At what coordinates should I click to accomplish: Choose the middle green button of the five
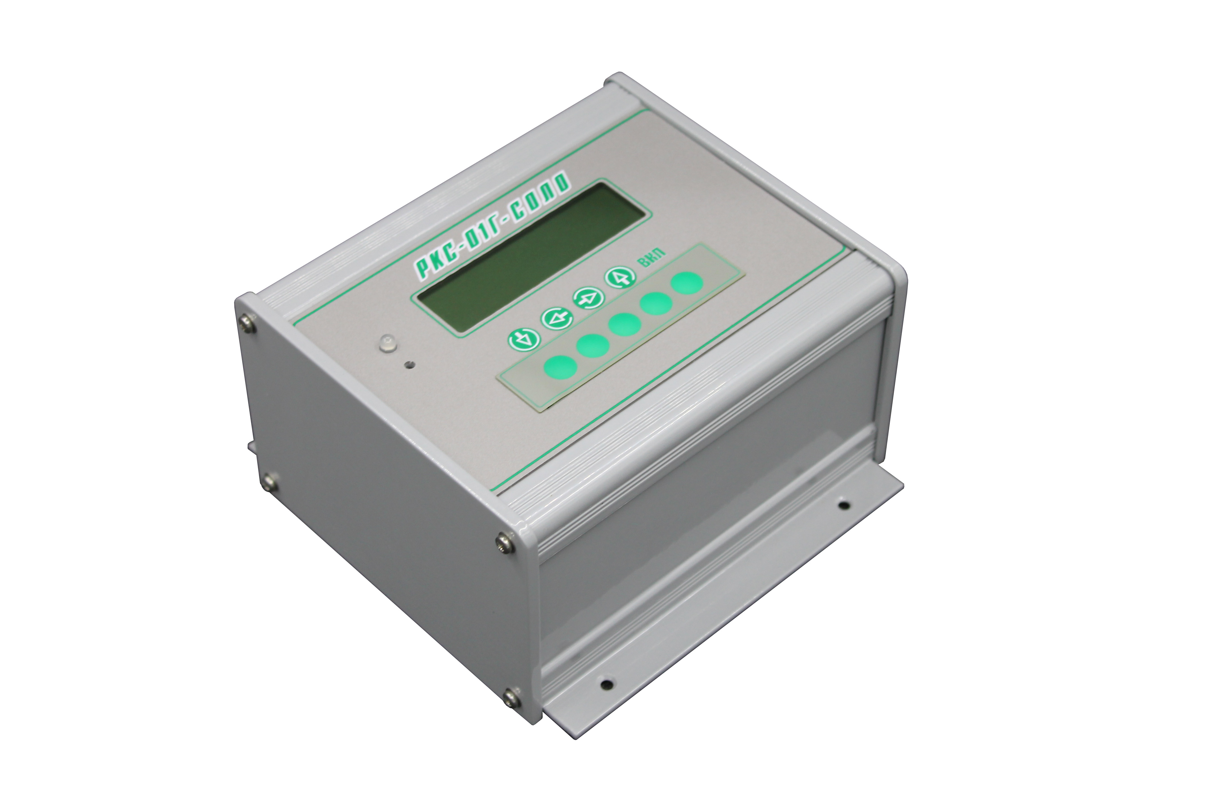click(x=625, y=324)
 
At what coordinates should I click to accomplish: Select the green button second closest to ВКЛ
click(x=658, y=304)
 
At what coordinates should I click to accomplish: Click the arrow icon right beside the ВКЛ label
click(x=620, y=278)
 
